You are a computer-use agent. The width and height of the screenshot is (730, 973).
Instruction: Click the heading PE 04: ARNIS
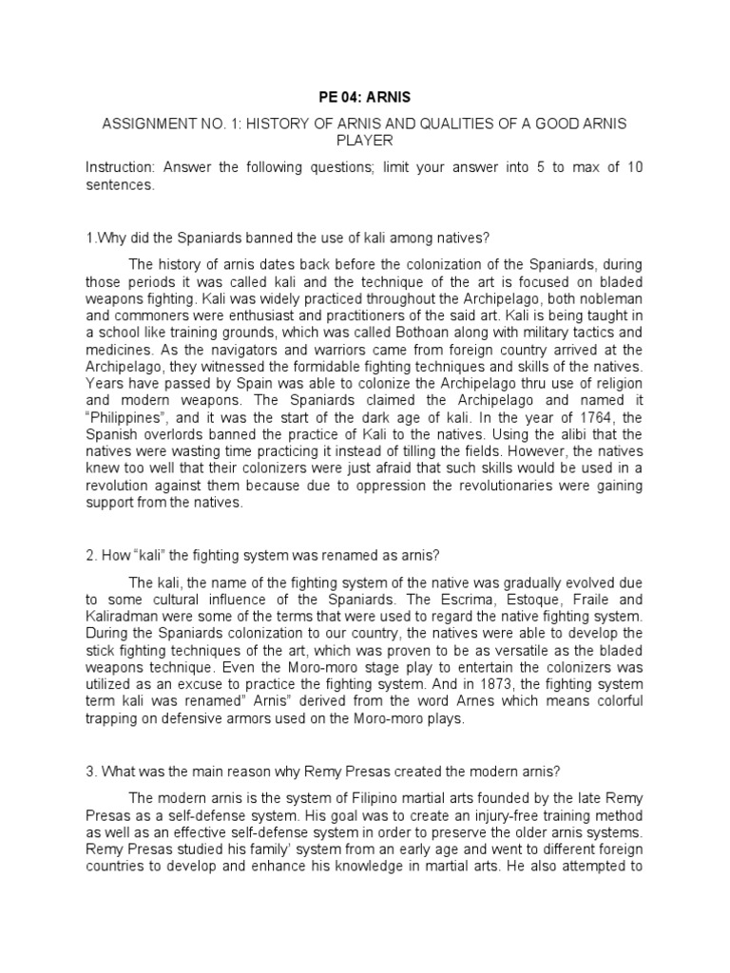point(365,96)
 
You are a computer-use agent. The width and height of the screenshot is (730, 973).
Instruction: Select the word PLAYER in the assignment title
point(364,143)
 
